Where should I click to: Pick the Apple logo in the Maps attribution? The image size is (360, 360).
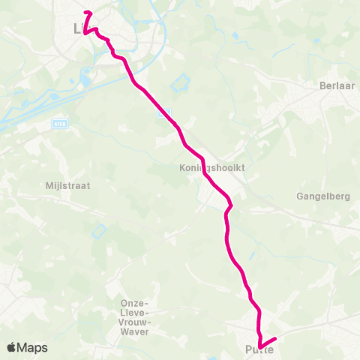(x=12, y=347)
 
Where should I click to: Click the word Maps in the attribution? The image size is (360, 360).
(x=32, y=347)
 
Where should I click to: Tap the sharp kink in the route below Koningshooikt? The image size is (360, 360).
(x=231, y=205)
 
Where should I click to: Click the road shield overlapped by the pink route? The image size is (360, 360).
(x=166, y=113)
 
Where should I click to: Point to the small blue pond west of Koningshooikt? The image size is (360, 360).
(x=97, y=231)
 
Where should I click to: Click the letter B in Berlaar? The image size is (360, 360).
(x=320, y=86)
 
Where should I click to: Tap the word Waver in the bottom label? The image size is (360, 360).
(x=136, y=331)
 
